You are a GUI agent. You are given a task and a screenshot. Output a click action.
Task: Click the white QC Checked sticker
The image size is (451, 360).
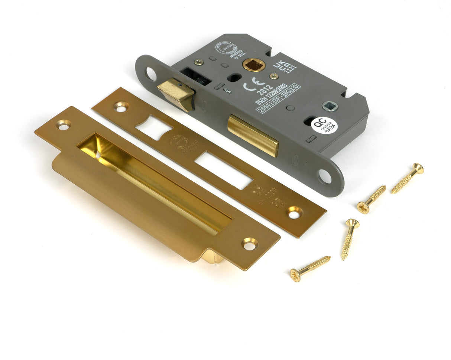point(324,125)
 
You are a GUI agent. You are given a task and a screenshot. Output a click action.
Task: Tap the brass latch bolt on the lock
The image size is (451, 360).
point(176,94)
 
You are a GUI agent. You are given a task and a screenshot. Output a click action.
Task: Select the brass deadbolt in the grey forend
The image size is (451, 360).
point(253,135)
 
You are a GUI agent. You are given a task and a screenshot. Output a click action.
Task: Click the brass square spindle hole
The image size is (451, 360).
point(254,65)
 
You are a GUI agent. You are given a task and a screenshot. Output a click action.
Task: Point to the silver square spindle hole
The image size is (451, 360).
point(330,106)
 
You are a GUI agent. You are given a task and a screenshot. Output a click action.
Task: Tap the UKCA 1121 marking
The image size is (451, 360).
point(285,67)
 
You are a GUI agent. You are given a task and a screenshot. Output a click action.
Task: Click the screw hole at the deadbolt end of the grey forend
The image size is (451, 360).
point(325,176)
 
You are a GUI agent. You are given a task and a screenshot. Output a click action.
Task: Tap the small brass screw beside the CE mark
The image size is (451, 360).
point(274,76)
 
